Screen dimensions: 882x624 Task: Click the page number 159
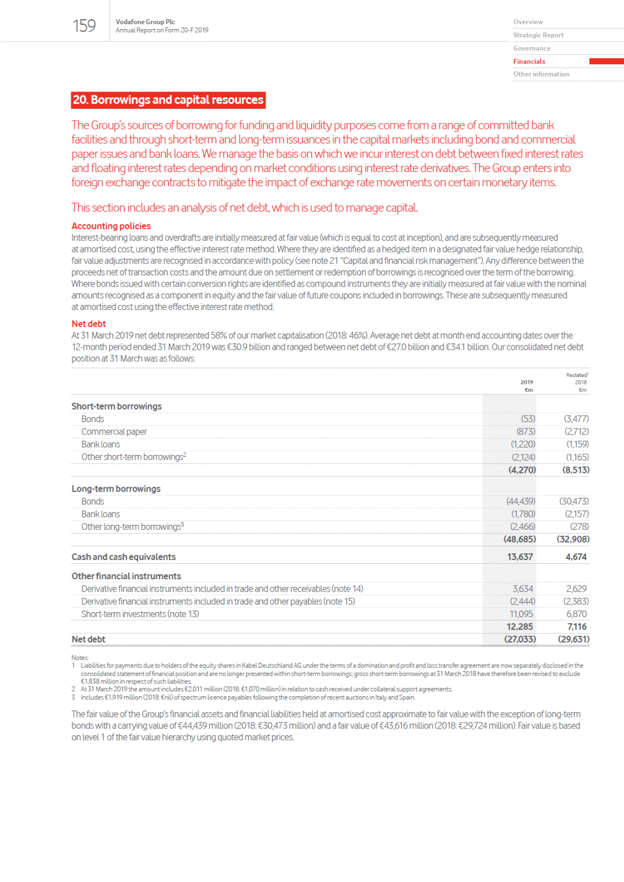tap(84, 26)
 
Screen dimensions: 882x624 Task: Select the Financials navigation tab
tap(529, 61)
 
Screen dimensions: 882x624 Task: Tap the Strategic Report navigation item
tap(538, 35)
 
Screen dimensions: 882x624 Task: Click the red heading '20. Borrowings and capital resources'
tap(168, 100)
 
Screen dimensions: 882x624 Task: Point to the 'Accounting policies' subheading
tap(111, 226)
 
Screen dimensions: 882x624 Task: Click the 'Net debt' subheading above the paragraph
tap(89, 324)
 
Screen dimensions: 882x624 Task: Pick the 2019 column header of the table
tap(527, 382)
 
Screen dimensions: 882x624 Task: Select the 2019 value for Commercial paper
tap(526, 431)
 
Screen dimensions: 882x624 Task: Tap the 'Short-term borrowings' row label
tap(116, 406)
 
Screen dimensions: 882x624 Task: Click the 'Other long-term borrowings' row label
tap(132, 527)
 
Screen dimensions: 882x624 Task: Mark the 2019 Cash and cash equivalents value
tap(520, 557)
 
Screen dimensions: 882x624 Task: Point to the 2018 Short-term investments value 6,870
tap(576, 614)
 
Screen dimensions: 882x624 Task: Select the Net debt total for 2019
tap(520, 639)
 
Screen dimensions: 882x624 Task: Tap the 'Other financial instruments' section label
tap(126, 576)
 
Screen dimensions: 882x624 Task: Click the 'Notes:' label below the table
tap(80, 657)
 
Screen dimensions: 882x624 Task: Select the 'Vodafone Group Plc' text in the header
tap(145, 22)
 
